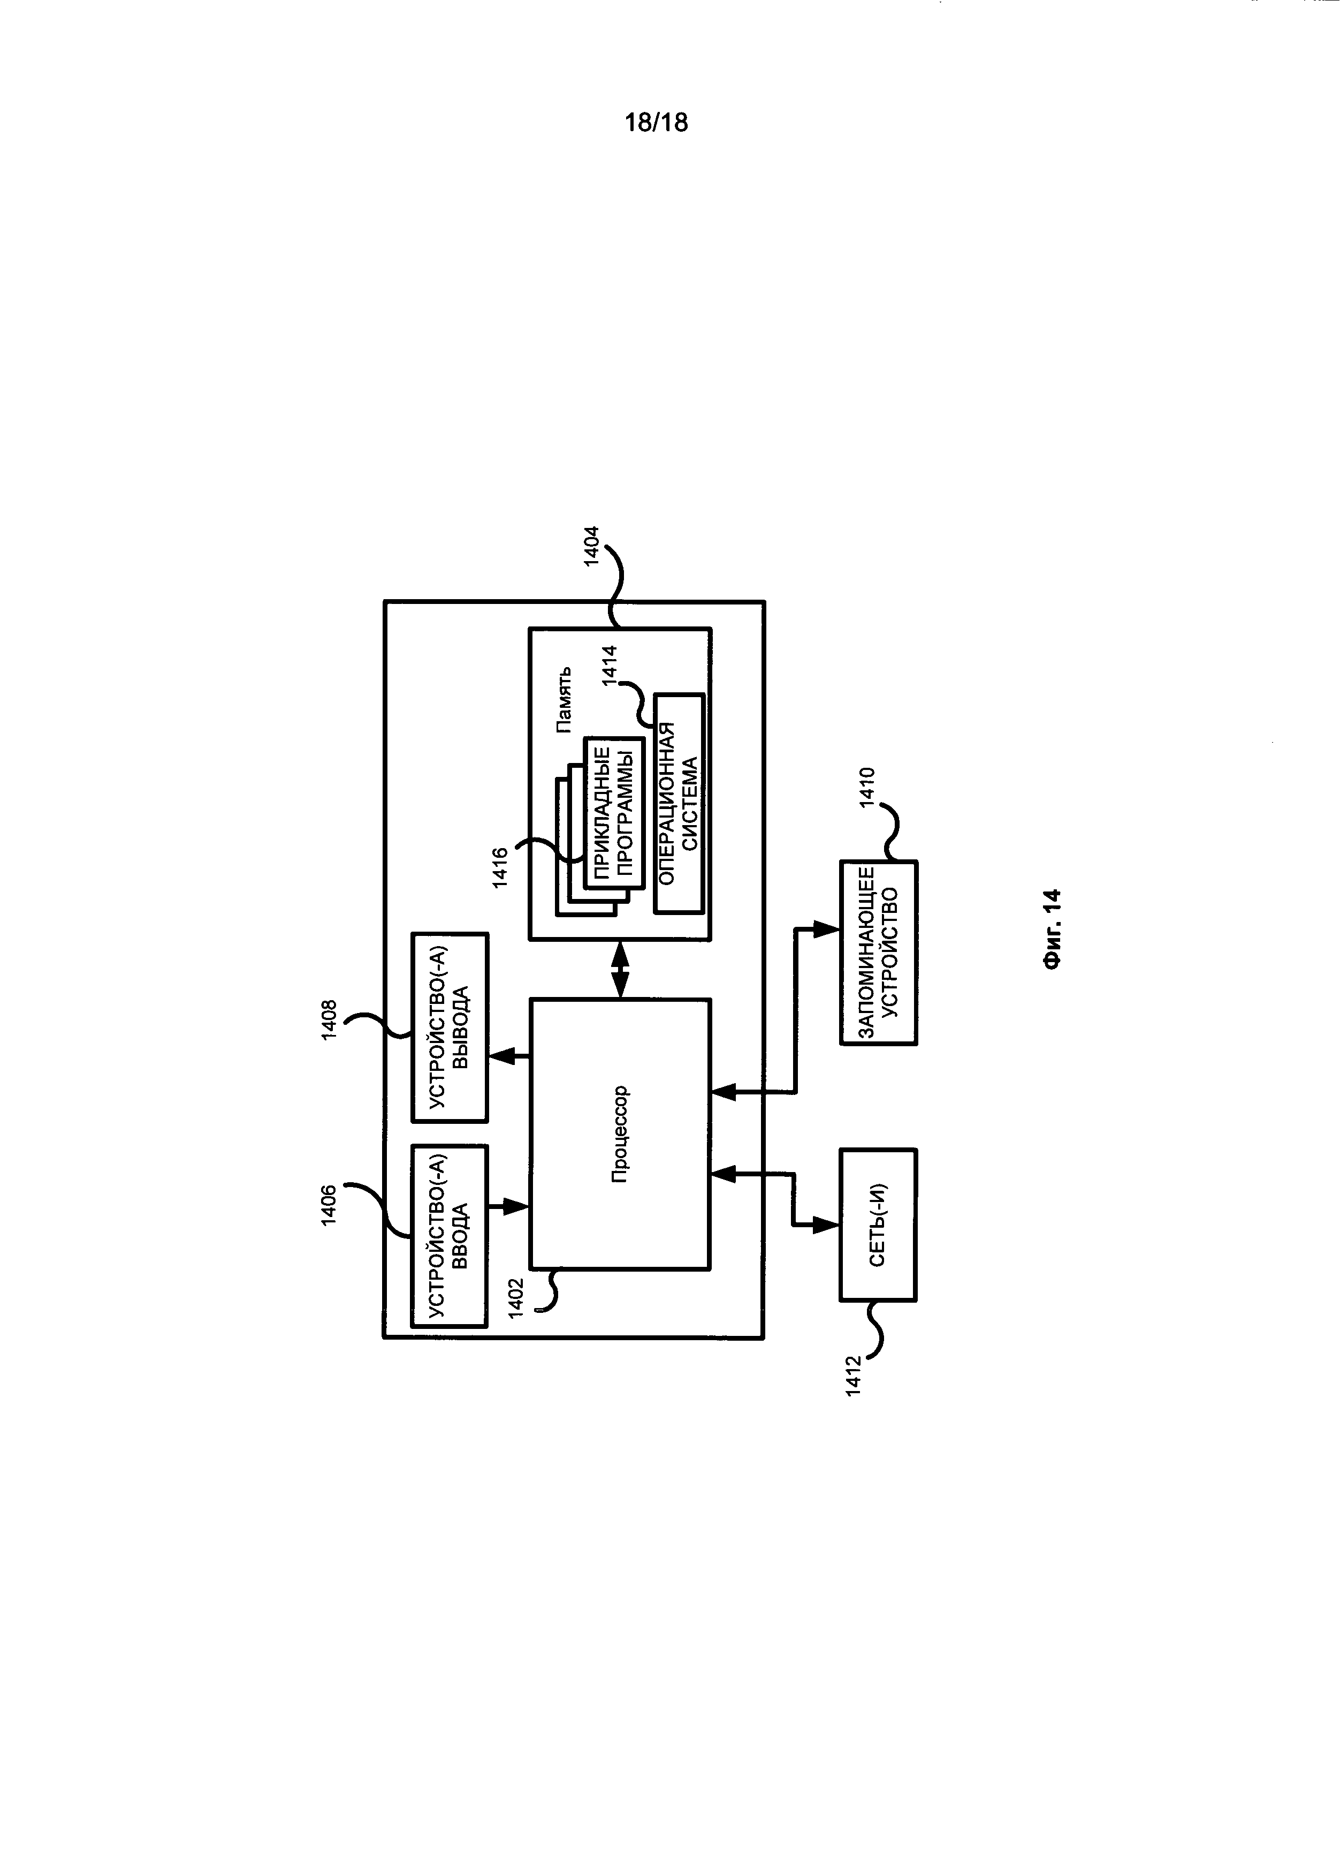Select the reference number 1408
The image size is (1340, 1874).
(x=329, y=1019)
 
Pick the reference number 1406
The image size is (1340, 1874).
(x=329, y=1205)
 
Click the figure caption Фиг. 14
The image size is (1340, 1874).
(x=1051, y=929)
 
